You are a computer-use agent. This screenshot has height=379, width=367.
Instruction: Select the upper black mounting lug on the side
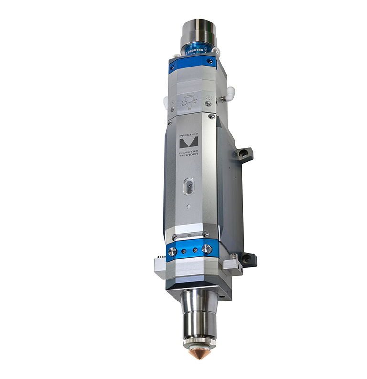[244, 155]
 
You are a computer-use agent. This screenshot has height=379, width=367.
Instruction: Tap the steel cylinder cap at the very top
[197, 30]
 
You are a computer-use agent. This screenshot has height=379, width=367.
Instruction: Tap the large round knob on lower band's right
[206, 249]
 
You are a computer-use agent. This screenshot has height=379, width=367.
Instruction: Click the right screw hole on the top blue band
[209, 61]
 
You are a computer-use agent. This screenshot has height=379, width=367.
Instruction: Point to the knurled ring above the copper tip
[199, 341]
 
